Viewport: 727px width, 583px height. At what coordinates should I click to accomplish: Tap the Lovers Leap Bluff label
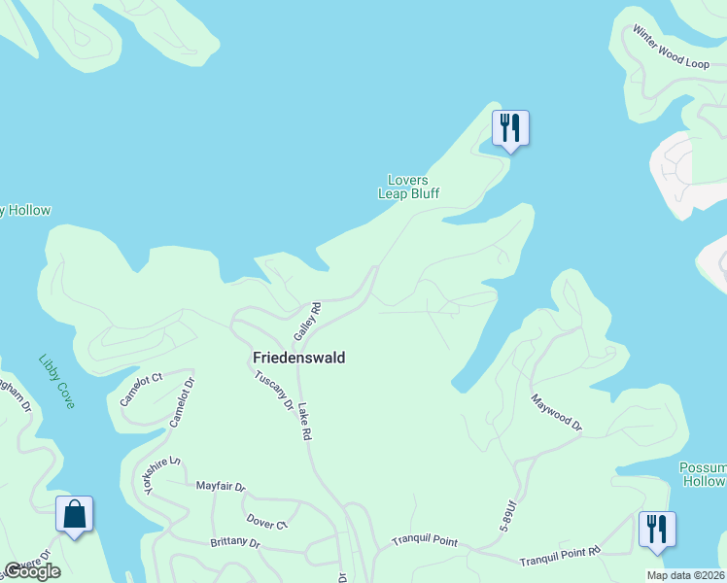[408, 187]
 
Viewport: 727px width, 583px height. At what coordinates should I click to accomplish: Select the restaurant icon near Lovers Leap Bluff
[510, 128]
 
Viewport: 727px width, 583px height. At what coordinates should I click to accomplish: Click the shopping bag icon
[74, 514]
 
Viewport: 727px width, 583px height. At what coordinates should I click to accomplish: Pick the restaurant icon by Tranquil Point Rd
[657, 530]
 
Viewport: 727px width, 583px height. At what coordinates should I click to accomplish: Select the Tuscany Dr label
[274, 391]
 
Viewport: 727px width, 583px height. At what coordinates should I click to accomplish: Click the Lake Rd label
[304, 423]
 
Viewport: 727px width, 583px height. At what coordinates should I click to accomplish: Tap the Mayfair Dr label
[221, 486]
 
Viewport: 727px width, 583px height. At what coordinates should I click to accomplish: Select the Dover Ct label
[267, 522]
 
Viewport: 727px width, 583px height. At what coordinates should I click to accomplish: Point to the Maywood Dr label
[556, 412]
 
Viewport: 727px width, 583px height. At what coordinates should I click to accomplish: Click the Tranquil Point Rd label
[560, 553]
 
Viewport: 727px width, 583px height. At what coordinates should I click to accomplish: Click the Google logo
[32, 571]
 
